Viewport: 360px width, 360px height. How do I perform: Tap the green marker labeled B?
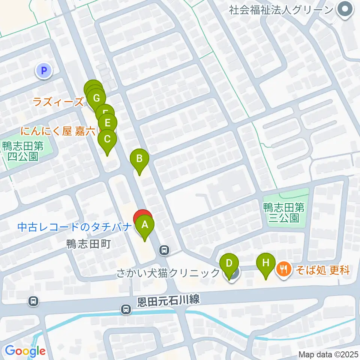(x=139, y=158)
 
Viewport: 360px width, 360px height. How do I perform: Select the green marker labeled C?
(x=107, y=139)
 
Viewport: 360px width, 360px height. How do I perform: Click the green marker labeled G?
(x=96, y=99)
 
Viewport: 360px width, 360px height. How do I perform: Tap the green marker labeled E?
(x=108, y=123)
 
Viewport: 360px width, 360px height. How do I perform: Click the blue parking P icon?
(x=44, y=70)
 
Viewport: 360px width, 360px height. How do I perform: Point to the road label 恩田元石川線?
(x=167, y=300)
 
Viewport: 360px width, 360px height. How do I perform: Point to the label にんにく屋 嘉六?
(x=58, y=131)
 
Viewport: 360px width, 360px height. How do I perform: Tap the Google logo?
(x=25, y=351)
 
